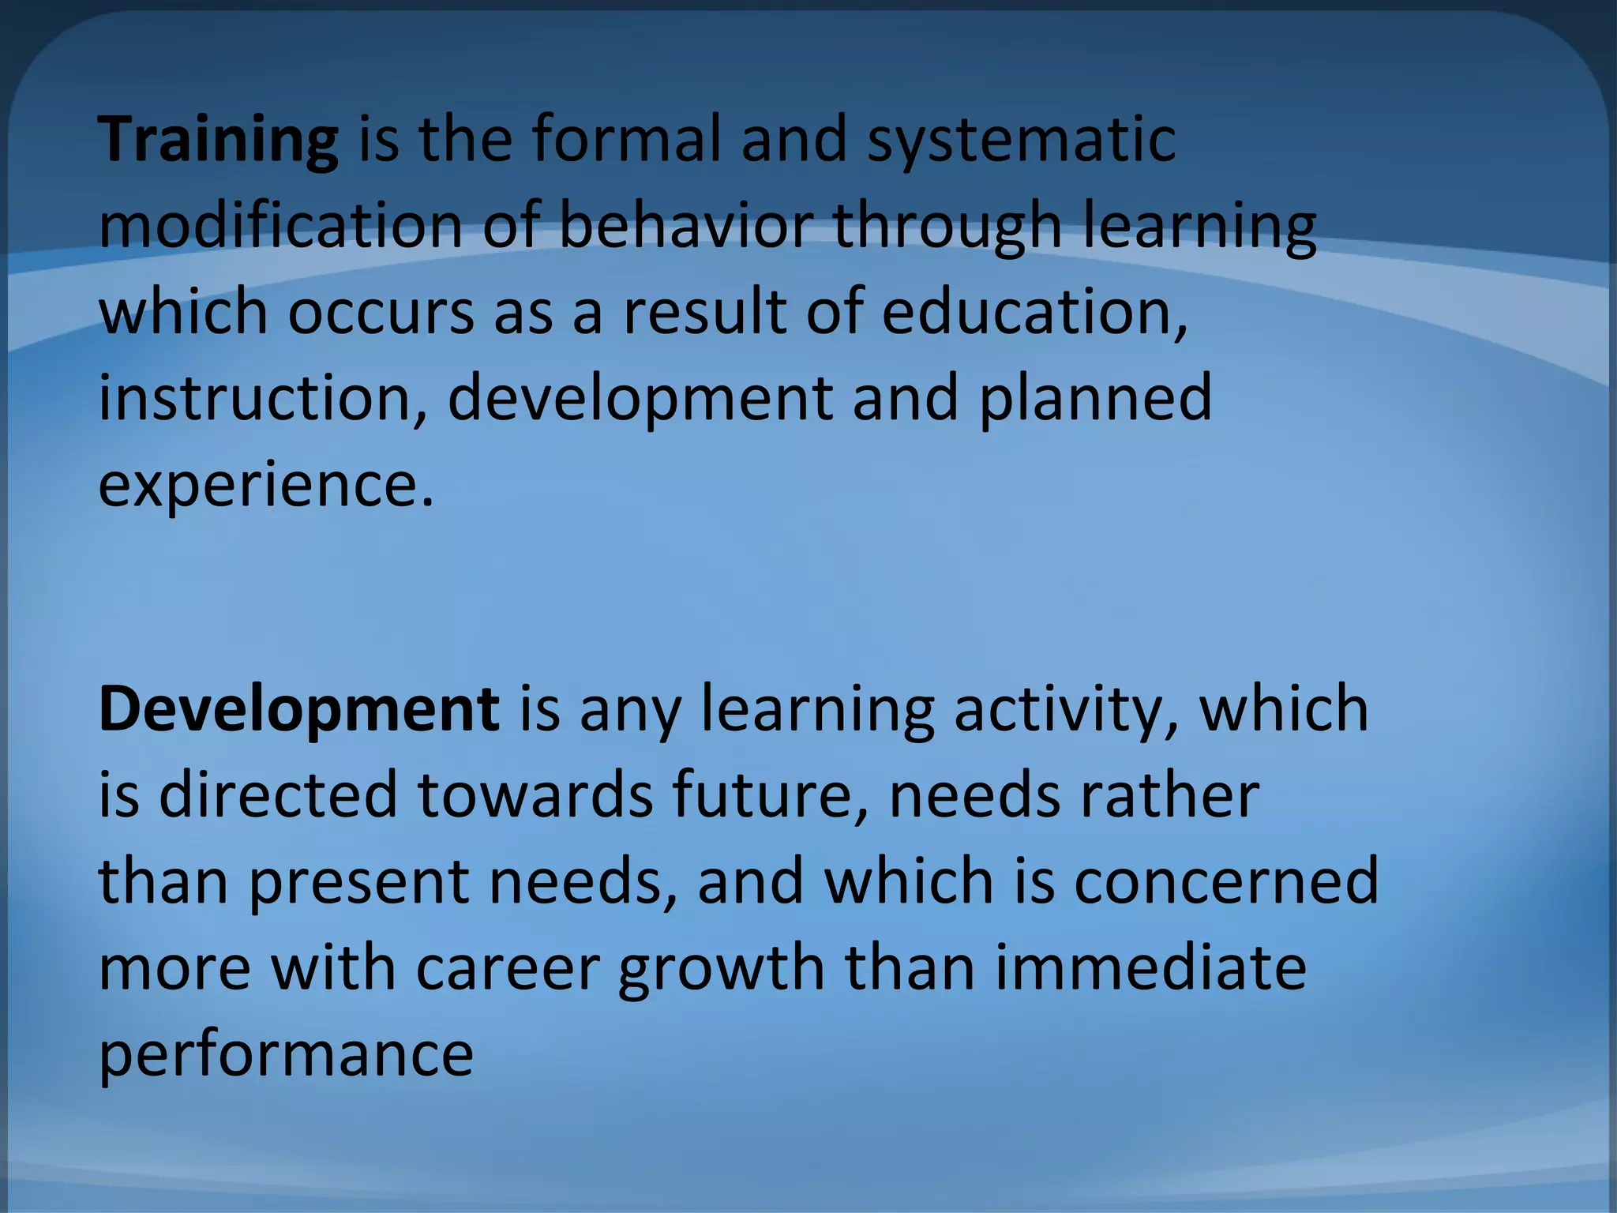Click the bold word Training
219,141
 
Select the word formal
626,139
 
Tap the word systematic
1022,141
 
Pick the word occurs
381,311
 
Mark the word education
1034,311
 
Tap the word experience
266,484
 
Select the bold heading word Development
299,709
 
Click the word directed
278,795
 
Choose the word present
359,882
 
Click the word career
508,968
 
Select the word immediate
1150,968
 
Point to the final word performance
286,1054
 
